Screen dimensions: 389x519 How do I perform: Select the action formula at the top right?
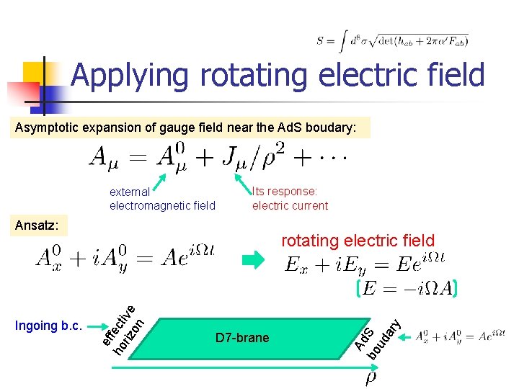(x=392, y=41)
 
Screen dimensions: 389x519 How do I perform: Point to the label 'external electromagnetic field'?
(x=162, y=199)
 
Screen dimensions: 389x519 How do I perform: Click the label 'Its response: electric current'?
(x=290, y=198)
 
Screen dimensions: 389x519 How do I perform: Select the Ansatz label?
(x=36, y=225)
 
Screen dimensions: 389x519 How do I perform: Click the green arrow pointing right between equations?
(x=253, y=262)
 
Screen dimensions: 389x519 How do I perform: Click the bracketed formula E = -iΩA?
(x=407, y=289)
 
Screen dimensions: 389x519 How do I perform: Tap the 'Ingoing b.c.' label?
(x=48, y=325)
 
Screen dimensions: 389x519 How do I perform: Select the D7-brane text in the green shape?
(x=242, y=338)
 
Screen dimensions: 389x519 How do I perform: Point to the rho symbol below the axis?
(x=371, y=377)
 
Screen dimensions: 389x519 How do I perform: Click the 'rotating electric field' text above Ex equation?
(x=358, y=241)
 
